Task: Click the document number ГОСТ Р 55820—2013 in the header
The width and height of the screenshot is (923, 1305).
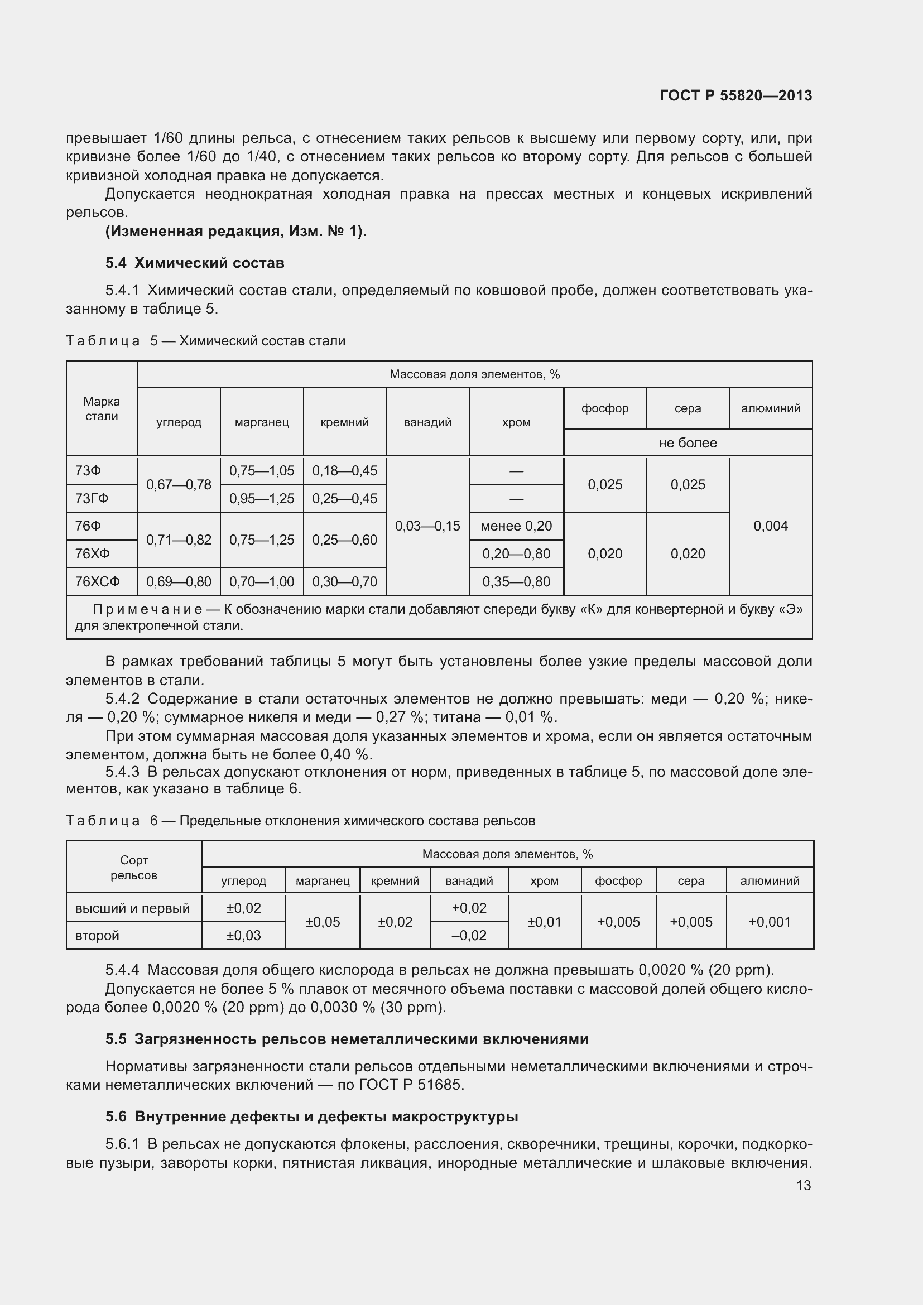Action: [735, 95]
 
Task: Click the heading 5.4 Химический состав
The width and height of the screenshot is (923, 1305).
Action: [194, 263]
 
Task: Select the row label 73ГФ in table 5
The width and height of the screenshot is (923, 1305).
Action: [92, 498]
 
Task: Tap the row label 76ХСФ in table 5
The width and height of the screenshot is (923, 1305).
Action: [97, 581]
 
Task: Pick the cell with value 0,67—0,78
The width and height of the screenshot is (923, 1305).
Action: [179, 485]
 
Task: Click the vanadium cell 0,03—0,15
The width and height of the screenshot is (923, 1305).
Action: [427, 526]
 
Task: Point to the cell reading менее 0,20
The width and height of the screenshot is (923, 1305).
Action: [516, 526]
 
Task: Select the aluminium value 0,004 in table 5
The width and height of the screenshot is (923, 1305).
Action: [770, 526]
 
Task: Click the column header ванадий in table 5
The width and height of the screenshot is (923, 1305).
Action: [427, 422]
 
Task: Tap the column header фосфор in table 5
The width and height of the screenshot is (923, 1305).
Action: [605, 408]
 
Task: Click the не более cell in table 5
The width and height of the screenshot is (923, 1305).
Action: [688, 443]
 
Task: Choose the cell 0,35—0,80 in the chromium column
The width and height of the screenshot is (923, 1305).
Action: [516, 581]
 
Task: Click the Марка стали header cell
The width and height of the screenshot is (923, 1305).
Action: [102, 408]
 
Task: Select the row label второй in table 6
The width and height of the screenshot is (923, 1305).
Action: [97, 936]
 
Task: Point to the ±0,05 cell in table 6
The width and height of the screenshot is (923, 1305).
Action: [322, 922]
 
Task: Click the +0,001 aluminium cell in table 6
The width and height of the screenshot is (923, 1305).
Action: [770, 922]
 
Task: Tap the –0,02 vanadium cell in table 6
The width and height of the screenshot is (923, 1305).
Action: [469, 936]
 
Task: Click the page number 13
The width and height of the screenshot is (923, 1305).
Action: [803, 1186]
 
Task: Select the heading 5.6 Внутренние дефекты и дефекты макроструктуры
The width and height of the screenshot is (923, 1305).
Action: [311, 1117]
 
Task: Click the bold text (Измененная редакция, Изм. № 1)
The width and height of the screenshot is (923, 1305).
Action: [236, 232]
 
